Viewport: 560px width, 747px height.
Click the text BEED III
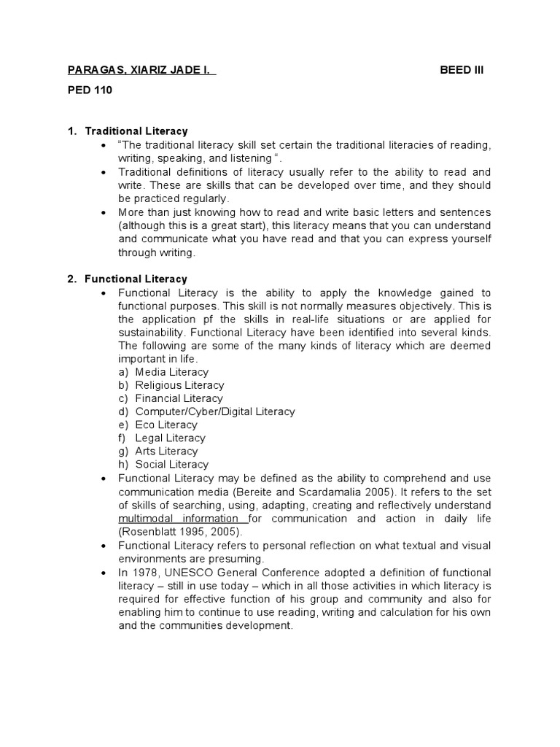coord(462,70)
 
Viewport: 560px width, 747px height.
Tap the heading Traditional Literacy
coord(136,131)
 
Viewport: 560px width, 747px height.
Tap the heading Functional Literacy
coord(136,279)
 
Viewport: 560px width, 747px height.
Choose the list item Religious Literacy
coord(179,385)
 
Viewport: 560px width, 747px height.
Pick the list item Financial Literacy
coord(179,398)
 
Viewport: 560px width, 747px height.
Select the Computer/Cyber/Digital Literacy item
coord(215,411)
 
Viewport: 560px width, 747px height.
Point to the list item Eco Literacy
coord(166,425)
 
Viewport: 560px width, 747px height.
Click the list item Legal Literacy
coord(170,438)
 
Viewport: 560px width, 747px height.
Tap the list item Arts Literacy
coord(166,451)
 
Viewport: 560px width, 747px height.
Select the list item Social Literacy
coord(171,464)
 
